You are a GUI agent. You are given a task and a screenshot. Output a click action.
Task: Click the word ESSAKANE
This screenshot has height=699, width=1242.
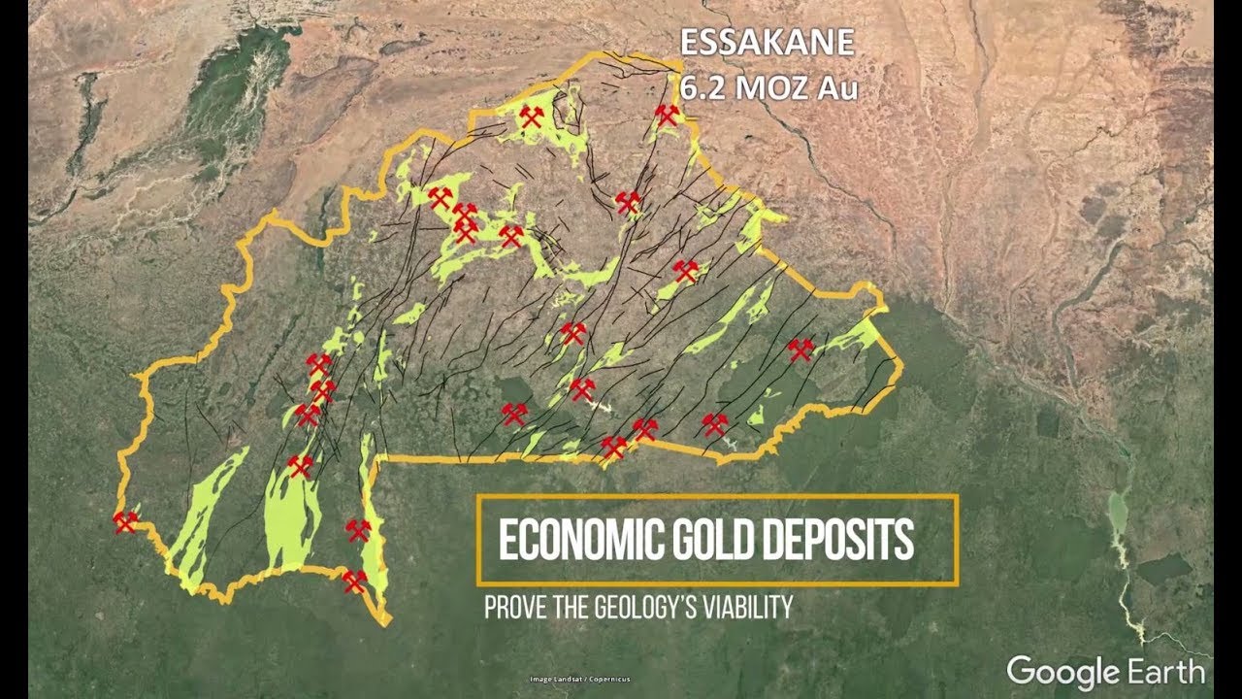(x=767, y=45)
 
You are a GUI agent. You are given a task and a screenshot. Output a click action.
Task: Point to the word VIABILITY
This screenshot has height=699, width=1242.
(x=750, y=609)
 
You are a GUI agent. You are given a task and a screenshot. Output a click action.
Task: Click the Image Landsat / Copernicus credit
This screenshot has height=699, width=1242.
(x=579, y=679)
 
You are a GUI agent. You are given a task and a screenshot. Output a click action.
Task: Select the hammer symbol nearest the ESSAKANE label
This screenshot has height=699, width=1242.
(x=666, y=115)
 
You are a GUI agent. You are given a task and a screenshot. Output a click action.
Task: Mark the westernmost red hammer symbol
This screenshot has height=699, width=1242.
(x=125, y=522)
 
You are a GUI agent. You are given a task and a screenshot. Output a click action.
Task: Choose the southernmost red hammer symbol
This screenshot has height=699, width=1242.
(x=354, y=581)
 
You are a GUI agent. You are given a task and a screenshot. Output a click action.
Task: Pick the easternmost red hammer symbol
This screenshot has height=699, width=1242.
(x=800, y=349)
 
